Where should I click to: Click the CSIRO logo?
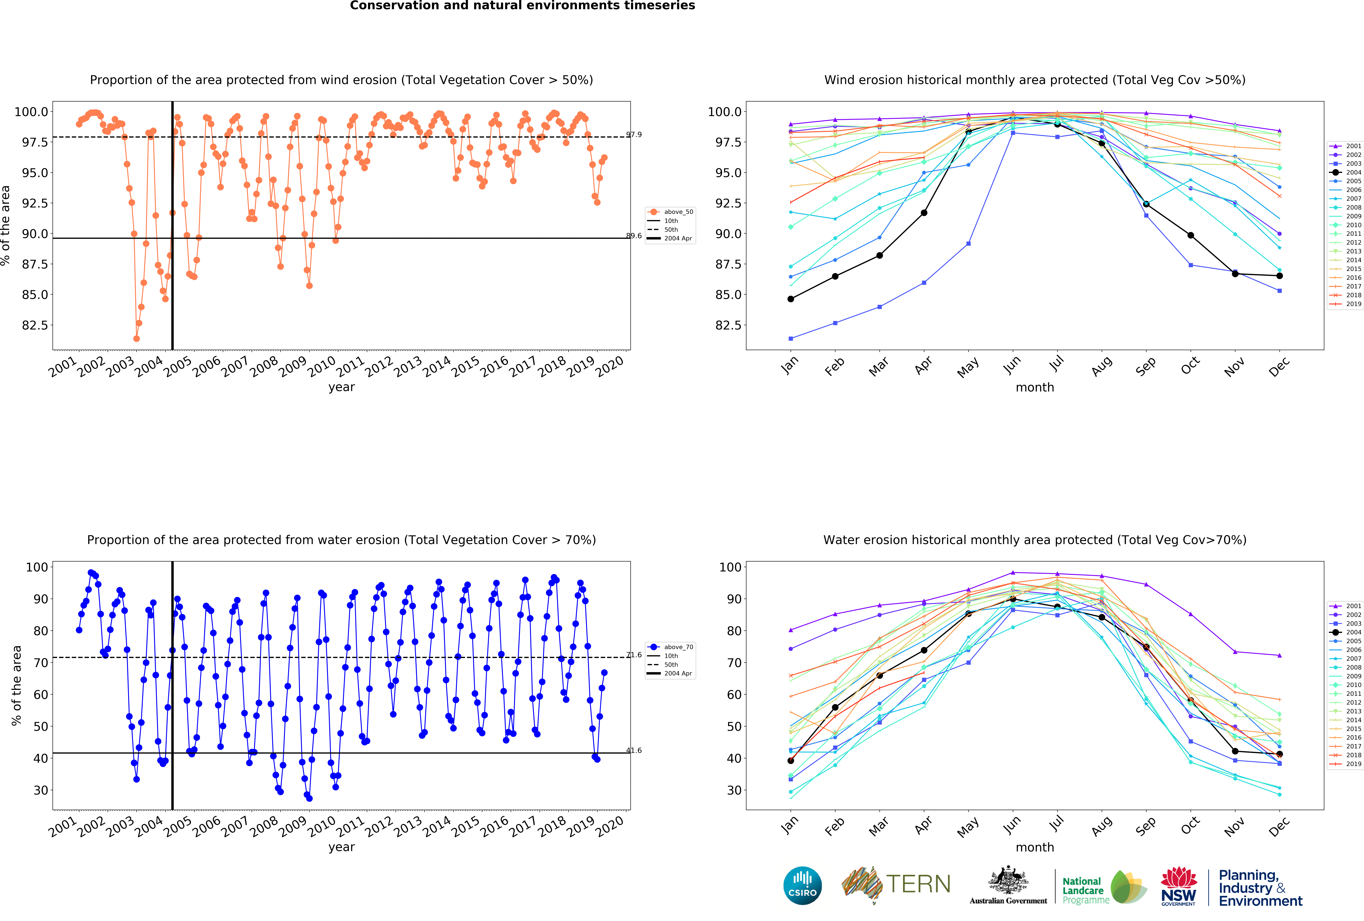point(802,885)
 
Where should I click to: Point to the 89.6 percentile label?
point(634,236)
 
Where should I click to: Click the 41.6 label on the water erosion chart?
point(634,750)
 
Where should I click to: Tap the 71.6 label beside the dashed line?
point(634,655)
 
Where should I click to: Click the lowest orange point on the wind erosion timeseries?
point(136,338)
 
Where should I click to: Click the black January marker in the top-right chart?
point(791,299)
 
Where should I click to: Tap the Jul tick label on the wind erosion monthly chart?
point(1057,365)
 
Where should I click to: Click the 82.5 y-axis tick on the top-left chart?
point(35,325)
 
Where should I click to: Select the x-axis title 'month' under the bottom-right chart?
point(1035,847)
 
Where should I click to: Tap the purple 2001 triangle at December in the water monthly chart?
point(1279,655)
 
